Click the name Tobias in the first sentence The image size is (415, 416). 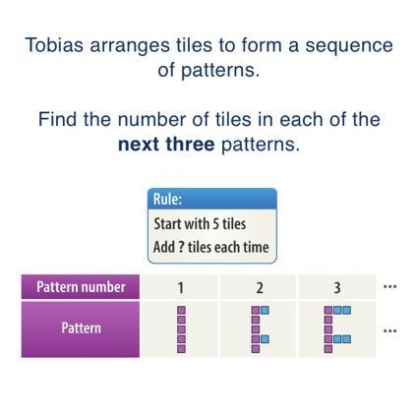coord(54,45)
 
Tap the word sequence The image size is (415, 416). coord(349,46)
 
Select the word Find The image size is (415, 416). coord(57,119)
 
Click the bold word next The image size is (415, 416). coord(138,145)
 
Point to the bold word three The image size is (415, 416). coord(190,144)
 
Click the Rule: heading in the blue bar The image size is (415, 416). coord(167,199)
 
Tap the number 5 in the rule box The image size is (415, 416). coord(215,224)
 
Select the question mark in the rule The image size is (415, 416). coord(181,247)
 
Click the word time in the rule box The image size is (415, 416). coord(257,247)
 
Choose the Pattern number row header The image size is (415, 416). coord(81,287)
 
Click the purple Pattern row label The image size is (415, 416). coord(81,328)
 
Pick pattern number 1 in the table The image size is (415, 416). coord(180,288)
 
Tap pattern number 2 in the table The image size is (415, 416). coord(260,288)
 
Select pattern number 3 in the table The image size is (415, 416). coord(337,288)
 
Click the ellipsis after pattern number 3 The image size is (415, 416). coord(390,287)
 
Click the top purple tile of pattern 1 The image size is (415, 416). coord(181,310)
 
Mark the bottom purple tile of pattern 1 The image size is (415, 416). coord(181,348)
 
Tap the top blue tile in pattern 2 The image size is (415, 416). coord(265,310)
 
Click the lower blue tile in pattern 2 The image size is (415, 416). coord(265,339)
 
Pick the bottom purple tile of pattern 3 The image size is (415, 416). coord(328,348)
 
